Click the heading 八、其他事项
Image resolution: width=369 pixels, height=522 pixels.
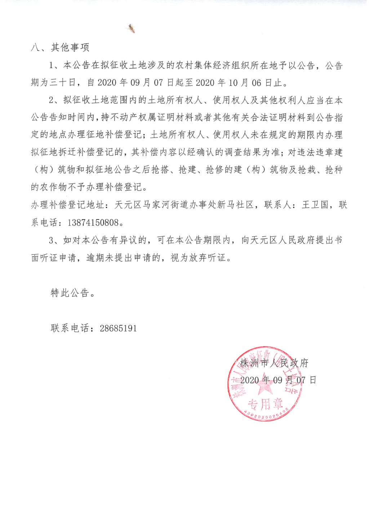click(60, 47)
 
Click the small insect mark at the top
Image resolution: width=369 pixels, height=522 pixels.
click(132, 28)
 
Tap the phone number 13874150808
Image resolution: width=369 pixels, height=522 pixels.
click(93, 222)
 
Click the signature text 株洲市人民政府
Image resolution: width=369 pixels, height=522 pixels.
click(274, 363)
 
